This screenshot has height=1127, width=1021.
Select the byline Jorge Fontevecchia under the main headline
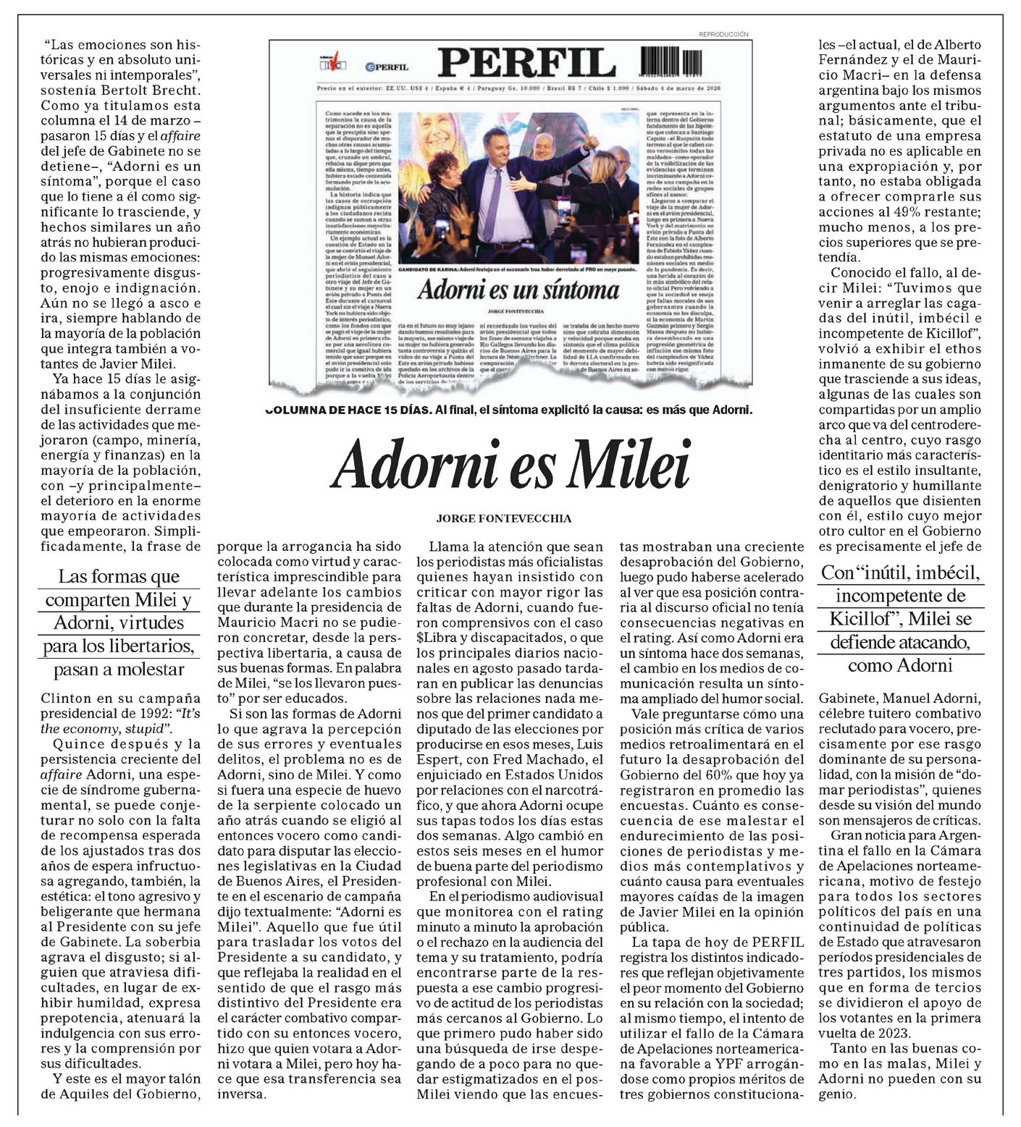[504, 518]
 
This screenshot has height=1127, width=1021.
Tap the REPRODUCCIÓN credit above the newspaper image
[723, 34]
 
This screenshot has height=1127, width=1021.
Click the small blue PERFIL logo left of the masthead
[387, 67]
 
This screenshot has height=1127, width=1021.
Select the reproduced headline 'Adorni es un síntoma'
[518, 290]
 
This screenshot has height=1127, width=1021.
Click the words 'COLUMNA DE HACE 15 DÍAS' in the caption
[348, 410]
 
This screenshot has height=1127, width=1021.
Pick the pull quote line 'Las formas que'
[119, 577]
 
